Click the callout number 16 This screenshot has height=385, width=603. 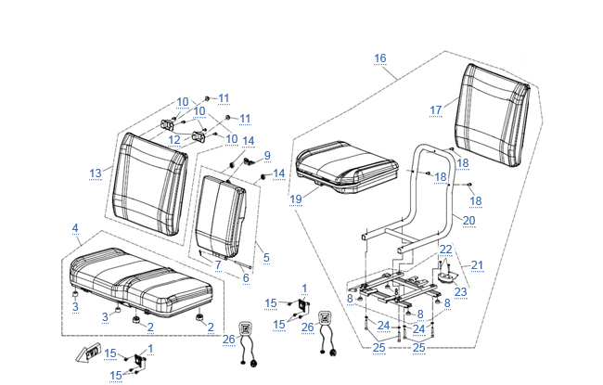(380, 58)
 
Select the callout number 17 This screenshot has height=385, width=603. (435, 109)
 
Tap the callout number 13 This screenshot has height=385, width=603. (95, 173)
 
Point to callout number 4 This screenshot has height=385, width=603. (75, 228)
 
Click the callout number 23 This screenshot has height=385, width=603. (461, 291)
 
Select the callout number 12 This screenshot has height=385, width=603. (173, 140)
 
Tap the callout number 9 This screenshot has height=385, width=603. (266, 155)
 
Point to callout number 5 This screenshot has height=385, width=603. (266, 257)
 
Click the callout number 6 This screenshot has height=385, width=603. (246, 277)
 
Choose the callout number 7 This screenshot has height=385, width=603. (217, 264)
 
